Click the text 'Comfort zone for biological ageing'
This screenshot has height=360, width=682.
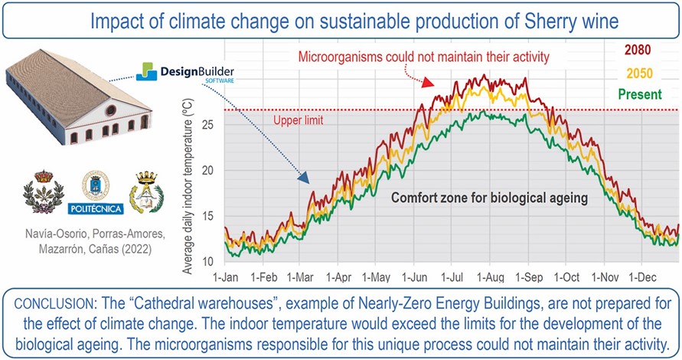pyautogui.click(x=489, y=197)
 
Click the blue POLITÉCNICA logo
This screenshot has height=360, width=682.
pyautogui.click(x=100, y=191)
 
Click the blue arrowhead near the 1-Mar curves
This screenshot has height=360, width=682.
pyautogui.click(x=303, y=178)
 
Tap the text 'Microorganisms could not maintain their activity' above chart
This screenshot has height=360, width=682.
pyautogui.click(x=432, y=57)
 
